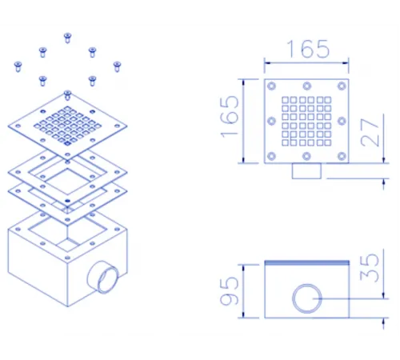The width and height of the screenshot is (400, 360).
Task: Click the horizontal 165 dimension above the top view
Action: pyautogui.click(x=308, y=49)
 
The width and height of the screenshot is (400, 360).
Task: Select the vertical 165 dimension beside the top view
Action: pyautogui.click(x=230, y=117)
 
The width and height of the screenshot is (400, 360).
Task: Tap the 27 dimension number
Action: pyautogui.click(x=370, y=133)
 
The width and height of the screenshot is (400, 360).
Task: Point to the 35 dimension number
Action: pyautogui.click(x=370, y=268)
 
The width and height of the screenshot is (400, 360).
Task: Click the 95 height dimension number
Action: pyautogui.click(x=229, y=290)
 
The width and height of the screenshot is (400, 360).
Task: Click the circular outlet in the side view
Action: pyautogui.click(x=307, y=298)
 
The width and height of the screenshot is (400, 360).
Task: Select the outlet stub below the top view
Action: pyautogui.click(x=306, y=170)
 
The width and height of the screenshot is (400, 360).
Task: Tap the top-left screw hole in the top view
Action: pyautogui.click(x=271, y=86)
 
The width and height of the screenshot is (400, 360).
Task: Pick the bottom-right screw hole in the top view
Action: pyautogui.click(x=342, y=156)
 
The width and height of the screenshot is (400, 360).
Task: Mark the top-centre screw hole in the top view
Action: pyautogui.click(x=307, y=86)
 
